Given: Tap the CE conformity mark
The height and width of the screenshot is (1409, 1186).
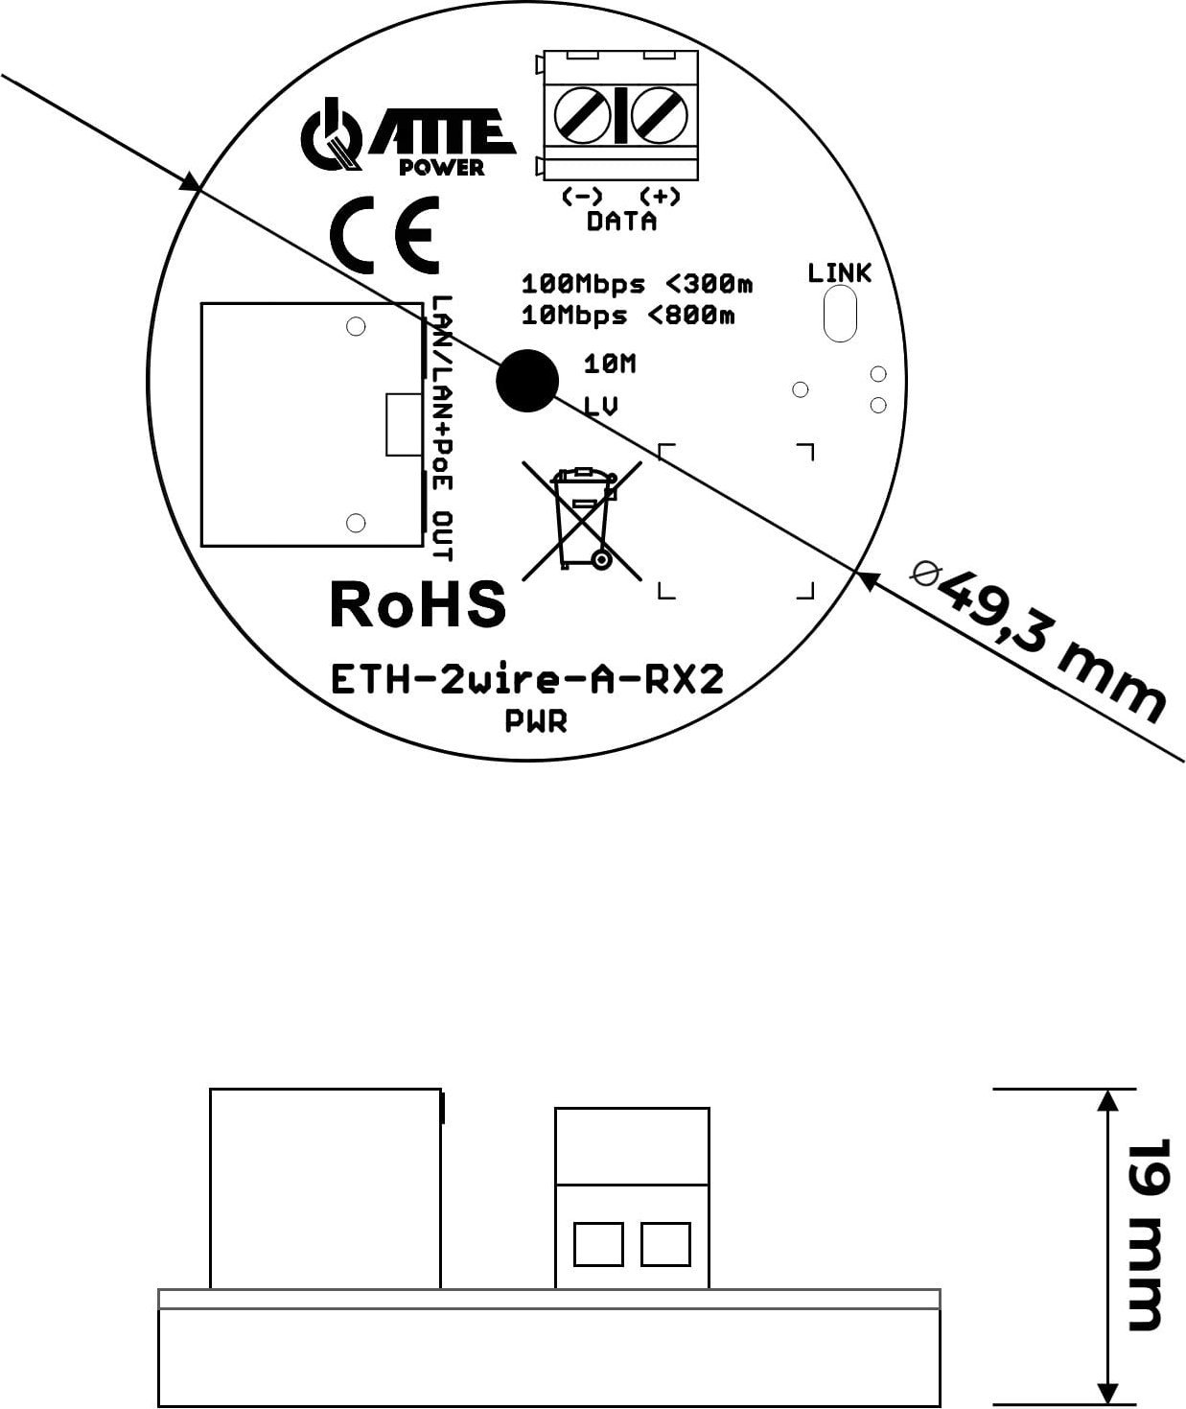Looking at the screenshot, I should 384,235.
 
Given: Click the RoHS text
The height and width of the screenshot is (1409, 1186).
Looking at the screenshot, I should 417,604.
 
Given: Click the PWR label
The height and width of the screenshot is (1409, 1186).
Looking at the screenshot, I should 536,721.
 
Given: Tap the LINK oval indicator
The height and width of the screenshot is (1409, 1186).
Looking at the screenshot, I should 839,313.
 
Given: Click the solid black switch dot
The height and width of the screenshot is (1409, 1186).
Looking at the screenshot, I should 526,380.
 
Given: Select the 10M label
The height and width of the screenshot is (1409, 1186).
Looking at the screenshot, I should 610,364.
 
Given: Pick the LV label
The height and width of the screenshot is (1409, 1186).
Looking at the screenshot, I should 601,406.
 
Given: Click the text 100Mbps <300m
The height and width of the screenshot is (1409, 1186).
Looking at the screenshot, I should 637,285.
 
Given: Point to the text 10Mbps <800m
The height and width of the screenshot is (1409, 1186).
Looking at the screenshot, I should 627,315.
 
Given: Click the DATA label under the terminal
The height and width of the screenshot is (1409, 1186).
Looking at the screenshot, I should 621,222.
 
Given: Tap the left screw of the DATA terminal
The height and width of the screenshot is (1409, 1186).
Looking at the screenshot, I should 583,116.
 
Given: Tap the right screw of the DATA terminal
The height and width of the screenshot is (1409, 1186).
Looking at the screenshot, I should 659,116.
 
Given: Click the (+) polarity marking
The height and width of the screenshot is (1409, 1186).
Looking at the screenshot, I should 660,197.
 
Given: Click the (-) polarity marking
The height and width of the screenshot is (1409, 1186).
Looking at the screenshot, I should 582,197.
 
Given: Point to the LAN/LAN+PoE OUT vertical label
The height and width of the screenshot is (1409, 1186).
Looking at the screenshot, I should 442,428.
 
